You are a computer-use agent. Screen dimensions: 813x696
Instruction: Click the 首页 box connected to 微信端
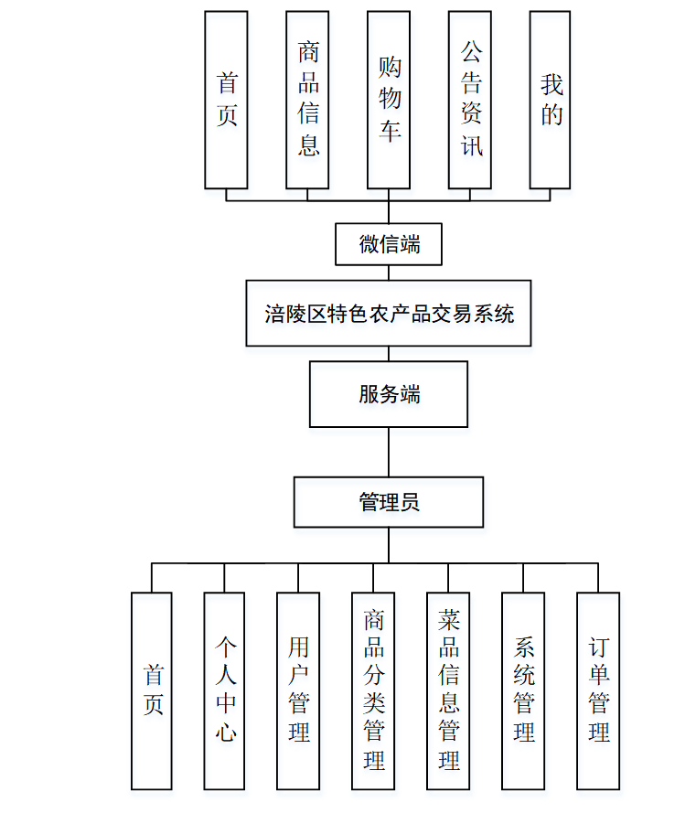[226, 100]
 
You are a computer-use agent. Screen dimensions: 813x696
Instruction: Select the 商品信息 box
[307, 100]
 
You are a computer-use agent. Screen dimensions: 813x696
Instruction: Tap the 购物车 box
[389, 100]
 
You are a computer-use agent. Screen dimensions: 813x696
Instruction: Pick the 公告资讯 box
[470, 100]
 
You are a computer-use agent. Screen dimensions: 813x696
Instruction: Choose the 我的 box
[551, 100]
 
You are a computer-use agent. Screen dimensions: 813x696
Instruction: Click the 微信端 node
[389, 244]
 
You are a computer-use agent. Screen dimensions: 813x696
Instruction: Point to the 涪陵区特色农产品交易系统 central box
[389, 314]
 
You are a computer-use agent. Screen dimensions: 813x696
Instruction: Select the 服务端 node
[389, 394]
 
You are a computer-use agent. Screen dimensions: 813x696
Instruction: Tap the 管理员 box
[389, 502]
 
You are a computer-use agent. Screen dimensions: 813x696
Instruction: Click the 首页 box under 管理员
[152, 690]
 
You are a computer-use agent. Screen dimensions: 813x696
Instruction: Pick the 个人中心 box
[225, 690]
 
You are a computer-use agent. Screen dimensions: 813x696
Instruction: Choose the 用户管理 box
[298, 690]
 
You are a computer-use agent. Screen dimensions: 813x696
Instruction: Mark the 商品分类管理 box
[373, 690]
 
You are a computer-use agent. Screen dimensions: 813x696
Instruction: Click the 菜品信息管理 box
[448, 690]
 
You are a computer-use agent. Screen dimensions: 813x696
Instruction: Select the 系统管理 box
[523, 690]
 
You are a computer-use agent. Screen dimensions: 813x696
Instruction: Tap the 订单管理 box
[598, 690]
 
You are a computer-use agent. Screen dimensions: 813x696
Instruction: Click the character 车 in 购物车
[390, 132]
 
